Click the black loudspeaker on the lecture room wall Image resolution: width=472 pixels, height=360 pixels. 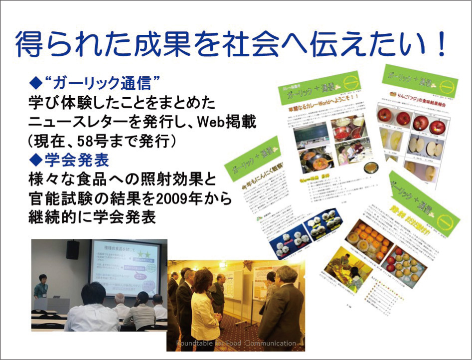(x=72, y=249)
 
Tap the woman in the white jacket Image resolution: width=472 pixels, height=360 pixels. (x=204, y=304)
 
